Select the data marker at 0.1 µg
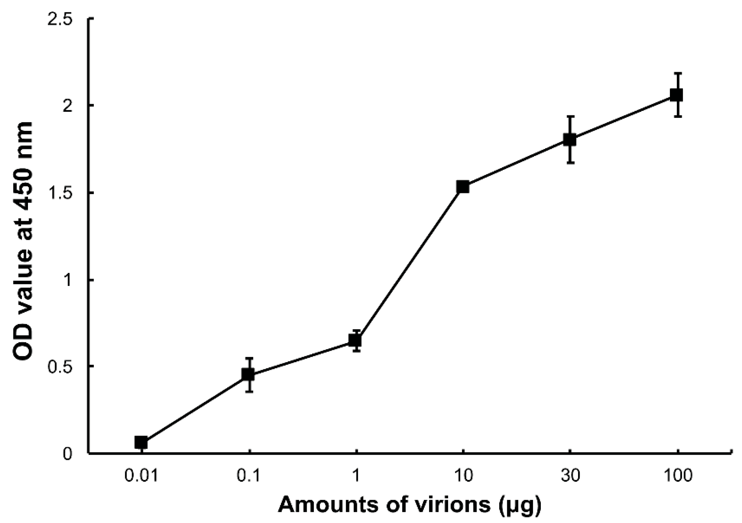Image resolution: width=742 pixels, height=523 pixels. pyautogui.click(x=248, y=374)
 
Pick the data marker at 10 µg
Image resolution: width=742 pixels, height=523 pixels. pyautogui.click(x=463, y=187)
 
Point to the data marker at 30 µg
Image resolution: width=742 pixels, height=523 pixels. pyautogui.click(x=570, y=139)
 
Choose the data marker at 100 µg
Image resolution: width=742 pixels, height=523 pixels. pyautogui.click(x=677, y=95)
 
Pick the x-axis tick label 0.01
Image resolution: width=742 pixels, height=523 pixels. pyautogui.click(x=141, y=476)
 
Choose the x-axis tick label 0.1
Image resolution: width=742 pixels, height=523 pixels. pyautogui.click(x=248, y=476)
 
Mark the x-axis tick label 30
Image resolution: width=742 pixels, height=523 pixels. pyautogui.click(x=570, y=476)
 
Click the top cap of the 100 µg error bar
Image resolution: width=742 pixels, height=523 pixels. pyautogui.click(x=677, y=73)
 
